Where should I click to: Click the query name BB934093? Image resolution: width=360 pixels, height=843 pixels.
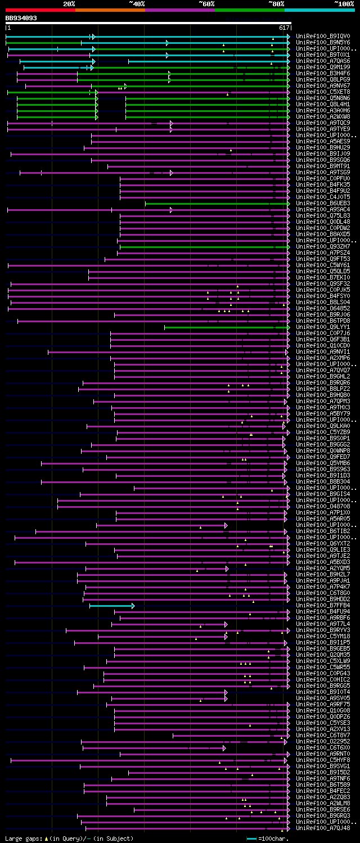(21, 18)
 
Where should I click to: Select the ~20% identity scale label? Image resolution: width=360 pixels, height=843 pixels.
(69, 3)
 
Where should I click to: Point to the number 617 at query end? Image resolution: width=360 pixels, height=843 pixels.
(284, 28)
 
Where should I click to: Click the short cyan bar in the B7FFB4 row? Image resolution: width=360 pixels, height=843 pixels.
(112, 606)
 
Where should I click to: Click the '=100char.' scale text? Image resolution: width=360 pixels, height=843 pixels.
(273, 839)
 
